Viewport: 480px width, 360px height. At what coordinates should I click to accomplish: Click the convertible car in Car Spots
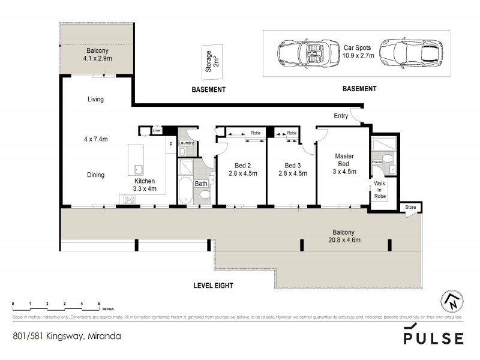[x=308, y=53]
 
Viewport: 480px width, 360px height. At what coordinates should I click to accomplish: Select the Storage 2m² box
[x=212, y=61]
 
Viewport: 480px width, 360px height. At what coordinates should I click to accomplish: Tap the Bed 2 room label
[x=244, y=169]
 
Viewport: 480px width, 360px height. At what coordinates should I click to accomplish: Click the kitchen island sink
[x=137, y=169]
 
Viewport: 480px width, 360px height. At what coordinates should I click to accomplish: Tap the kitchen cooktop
[x=128, y=199]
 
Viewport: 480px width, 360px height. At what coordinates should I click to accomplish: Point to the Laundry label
[x=185, y=143]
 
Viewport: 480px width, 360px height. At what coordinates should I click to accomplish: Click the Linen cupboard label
[x=157, y=130]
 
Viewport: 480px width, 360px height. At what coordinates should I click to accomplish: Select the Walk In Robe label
[x=380, y=189]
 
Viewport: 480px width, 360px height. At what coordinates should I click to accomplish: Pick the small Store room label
[x=411, y=208]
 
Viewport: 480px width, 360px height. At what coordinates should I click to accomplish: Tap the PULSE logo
[x=433, y=334]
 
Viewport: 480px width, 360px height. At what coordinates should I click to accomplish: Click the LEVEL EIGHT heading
[x=213, y=286]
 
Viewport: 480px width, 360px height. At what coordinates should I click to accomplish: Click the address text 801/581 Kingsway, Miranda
[x=67, y=336]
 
